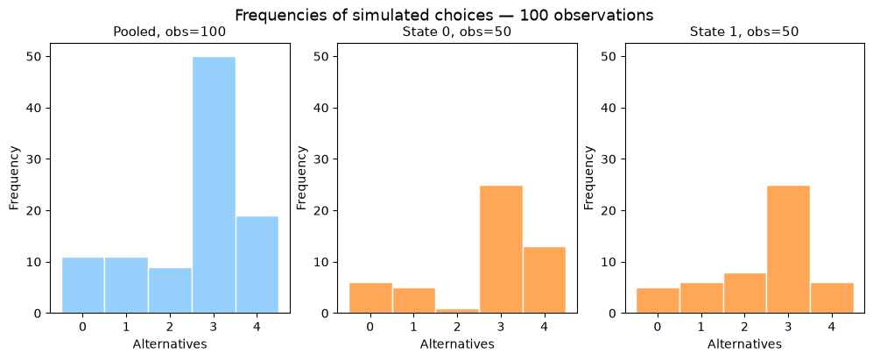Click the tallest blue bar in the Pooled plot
[214, 185]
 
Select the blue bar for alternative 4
[257, 265]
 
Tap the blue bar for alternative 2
[171, 290]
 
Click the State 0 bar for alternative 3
[501, 249]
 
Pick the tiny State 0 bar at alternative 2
[458, 310]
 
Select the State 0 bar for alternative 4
[545, 279]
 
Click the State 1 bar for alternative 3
[788, 249]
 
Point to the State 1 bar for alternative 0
[658, 300]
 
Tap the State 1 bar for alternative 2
[745, 293]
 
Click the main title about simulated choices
[444, 15]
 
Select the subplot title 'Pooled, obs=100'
[170, 32]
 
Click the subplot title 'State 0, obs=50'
[456, 32]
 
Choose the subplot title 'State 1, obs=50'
[744, 32]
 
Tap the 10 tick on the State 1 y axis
[612, 262]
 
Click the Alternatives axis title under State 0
[457, 344]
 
